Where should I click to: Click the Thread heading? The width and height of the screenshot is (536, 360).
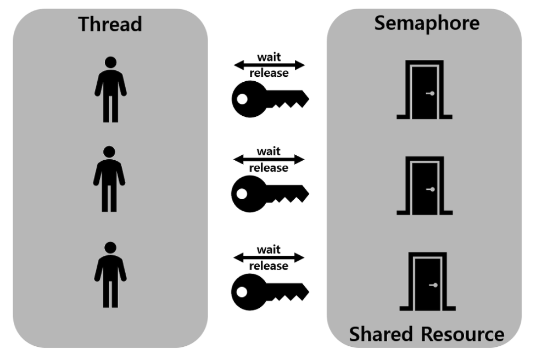coord(110,24)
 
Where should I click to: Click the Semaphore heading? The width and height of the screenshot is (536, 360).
coord(427,23)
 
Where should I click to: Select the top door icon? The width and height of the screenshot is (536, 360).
coord(424,90)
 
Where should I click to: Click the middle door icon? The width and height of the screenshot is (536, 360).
coord(424,185)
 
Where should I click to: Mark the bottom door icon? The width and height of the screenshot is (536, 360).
coord(427,282)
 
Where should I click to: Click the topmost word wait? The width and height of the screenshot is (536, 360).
coord(269,57)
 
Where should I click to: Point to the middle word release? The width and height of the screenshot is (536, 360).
coord(269,167)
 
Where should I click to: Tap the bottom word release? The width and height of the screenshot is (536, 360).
coord(269,266)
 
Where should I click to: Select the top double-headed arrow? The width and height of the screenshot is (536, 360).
coord(269,65)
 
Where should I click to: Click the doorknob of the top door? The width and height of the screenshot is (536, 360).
coord(432,93)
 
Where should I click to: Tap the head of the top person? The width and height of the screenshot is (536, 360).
coord(111,63)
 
